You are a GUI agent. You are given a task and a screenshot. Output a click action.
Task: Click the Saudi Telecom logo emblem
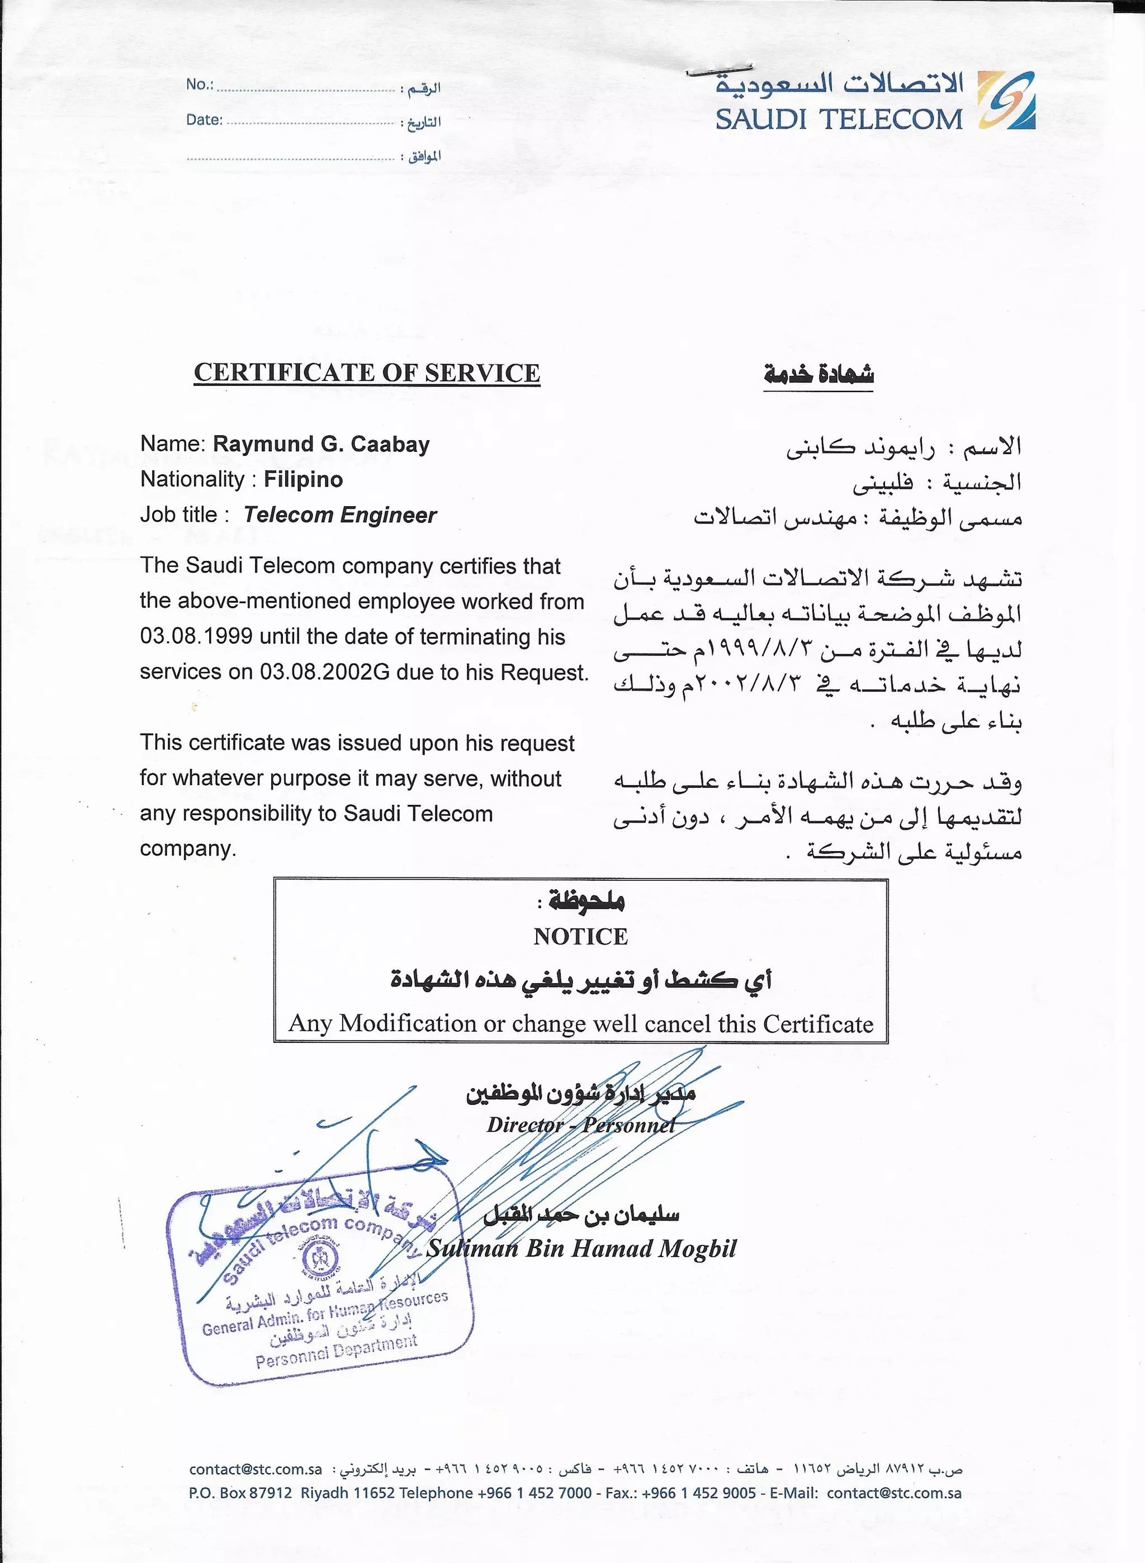tap(1006, 101)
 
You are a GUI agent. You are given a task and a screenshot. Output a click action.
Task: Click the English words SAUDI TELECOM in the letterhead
tap(839, 120)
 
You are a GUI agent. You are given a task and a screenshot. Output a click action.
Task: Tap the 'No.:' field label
tap(200, 84)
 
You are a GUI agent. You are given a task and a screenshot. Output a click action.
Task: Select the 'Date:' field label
tap(204, 120)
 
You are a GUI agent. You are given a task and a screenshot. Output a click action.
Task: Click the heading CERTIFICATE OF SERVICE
tap(367, 373)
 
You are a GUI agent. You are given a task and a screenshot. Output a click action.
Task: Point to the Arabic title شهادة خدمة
tap(818, 374)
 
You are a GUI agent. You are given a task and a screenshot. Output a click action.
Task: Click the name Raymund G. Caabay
tap(321, 444)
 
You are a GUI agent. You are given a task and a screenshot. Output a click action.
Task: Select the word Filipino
tap(303, 480)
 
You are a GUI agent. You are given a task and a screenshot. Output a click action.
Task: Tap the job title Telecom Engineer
tap(339, 515)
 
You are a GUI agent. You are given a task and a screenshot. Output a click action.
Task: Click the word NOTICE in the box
tap(580, 937)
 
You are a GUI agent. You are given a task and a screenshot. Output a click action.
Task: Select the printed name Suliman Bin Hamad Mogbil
tap(581, 1248)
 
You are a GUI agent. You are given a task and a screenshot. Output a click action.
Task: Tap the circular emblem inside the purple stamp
tap(320, 1259)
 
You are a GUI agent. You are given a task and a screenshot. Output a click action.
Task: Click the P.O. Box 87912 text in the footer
tap(240, 1493)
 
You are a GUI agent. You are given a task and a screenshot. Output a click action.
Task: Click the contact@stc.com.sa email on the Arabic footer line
tap(255, 1468)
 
